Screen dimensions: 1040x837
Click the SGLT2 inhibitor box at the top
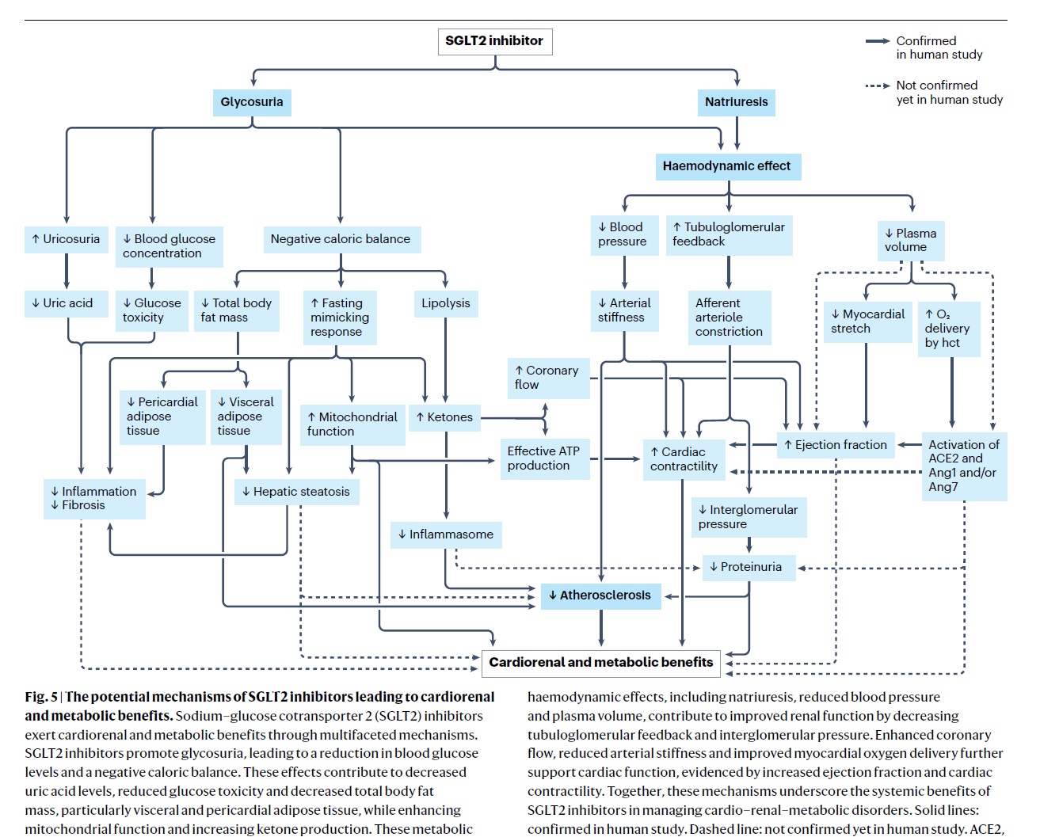tap(495, 41)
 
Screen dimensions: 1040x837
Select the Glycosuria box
tap(252, 102)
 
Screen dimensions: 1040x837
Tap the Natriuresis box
tap(736, 102)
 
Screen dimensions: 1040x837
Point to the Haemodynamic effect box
tap(728, 167)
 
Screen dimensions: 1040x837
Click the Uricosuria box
tap(67, 239)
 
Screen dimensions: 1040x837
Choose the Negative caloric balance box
tap(341, 239)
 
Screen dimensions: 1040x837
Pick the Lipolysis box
tap(446, 303)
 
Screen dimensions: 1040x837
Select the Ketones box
tap(444, 417)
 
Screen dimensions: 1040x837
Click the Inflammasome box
tap(446, 535)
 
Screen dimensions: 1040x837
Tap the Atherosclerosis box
tap(600, 595)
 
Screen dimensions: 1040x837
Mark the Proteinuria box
tap(749, 567)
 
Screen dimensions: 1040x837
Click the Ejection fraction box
tap(836, 445)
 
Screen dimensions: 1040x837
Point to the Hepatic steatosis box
tap(297, 492)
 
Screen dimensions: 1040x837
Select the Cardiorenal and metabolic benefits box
tap(600, 663)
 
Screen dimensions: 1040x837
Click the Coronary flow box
tap(548, 379)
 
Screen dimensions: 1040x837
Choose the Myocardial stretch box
tap(867, 321)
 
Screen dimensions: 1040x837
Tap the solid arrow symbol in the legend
tap(877, 41)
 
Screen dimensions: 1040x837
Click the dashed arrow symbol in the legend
tap(877, 86)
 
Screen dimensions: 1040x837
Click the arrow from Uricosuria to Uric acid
tap(67, 272)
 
